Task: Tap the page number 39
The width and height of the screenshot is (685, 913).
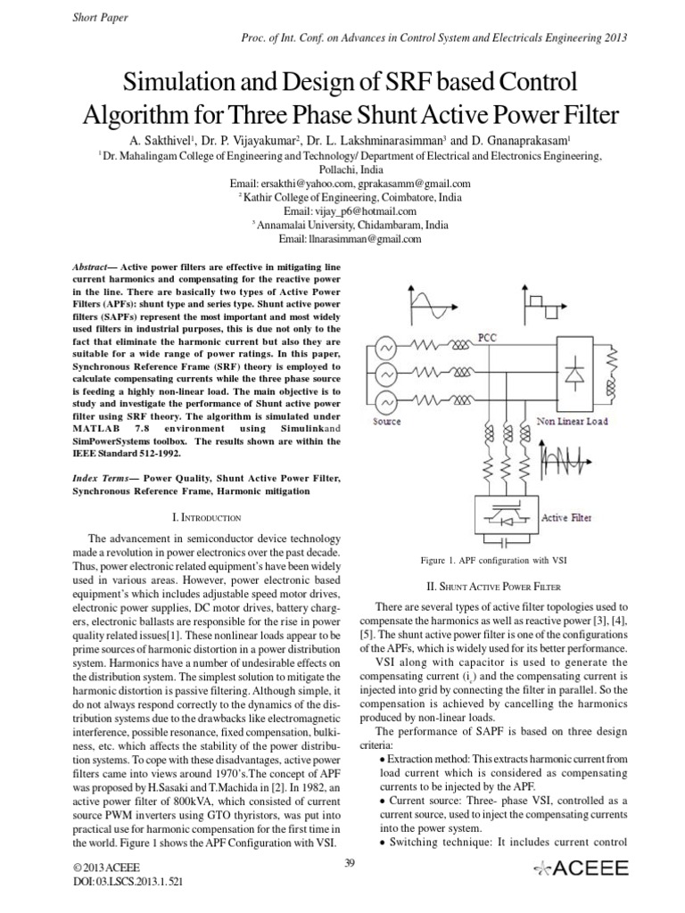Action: click(x=350, y=860)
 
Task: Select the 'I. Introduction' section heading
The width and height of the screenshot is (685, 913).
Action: click(x=205, y=516)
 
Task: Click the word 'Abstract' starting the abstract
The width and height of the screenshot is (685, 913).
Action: click(x=90, y=267)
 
